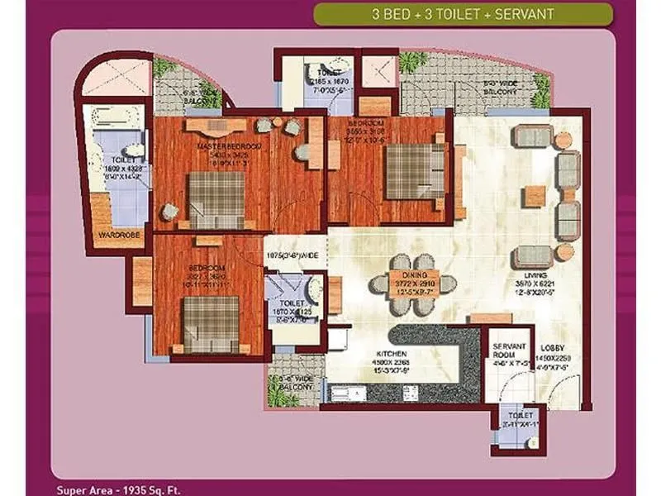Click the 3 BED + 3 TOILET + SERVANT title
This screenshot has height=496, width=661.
click(x=463, y=14)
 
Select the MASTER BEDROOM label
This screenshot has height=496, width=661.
click(x=230, y=146)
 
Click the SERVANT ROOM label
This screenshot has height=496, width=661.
click(x=505, y=351)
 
